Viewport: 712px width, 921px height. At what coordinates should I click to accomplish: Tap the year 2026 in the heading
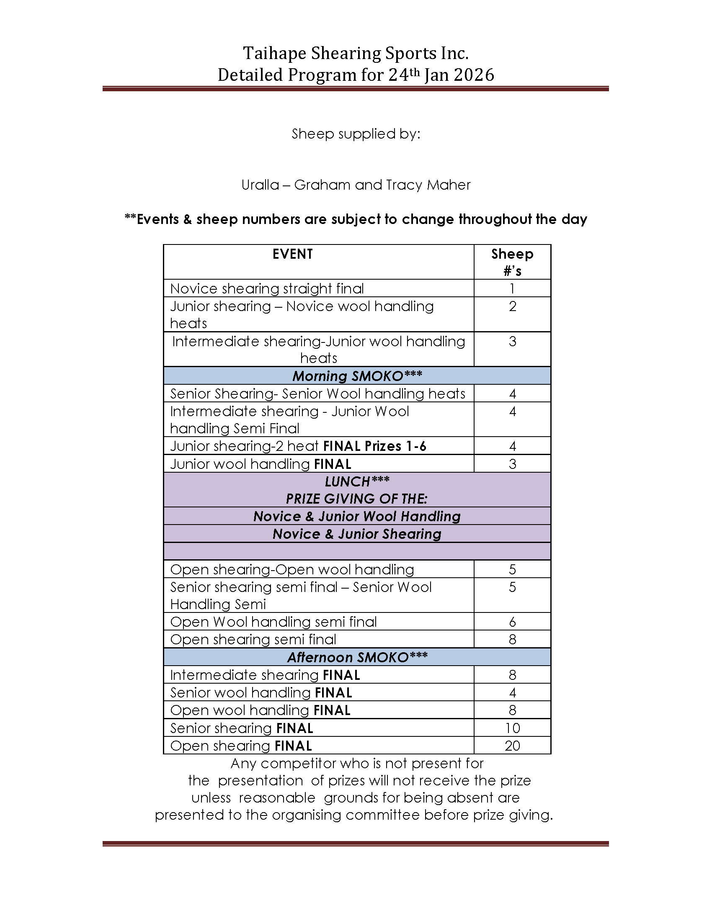coord(473,75)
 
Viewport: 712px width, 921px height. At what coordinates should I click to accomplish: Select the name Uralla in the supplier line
coord(260,185)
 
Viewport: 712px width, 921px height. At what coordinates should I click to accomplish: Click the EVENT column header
coord(292,254)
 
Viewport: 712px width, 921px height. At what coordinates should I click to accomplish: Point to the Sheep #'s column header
coord(512,262)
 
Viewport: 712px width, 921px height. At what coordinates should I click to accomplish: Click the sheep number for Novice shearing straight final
coord(512,289)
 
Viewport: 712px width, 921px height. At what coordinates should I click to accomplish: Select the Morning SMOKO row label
coord(357,376)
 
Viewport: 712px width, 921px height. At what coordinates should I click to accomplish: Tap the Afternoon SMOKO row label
coord(357,657)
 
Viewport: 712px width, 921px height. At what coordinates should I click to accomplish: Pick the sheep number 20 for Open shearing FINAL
coord(512,746)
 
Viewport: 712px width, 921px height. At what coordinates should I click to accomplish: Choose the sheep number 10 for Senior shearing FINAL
coord(512,728)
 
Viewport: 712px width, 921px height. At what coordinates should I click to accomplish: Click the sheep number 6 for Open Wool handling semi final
coord(512,622)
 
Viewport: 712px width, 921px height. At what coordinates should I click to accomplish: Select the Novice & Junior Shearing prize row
coord(357,534)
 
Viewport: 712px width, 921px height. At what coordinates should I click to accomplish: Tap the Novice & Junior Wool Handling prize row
coord(357,516)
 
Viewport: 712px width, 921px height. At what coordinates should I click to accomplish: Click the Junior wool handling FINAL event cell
coord(261,464)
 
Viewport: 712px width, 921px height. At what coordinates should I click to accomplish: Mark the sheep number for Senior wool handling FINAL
coord(512,692)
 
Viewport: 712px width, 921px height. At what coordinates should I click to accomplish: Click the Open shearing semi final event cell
coord(253,640)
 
